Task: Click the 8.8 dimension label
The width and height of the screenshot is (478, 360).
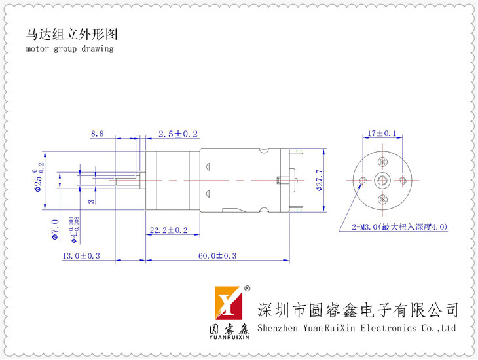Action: (97, 134)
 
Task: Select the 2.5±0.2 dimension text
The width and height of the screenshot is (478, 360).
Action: (178, 134)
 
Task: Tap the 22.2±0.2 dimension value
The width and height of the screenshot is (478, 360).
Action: (169, 230)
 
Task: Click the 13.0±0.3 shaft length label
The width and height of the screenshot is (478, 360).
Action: (81, 256)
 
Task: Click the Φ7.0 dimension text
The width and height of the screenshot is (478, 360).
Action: (55, 228)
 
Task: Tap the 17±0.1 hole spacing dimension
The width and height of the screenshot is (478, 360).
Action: (382, 134)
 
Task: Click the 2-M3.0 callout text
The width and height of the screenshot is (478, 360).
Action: (399, 227)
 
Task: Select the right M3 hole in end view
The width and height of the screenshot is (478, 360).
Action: (401, 180)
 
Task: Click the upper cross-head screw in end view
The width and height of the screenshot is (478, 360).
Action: (382, 162)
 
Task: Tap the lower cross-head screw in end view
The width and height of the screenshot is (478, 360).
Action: (382, 199)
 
